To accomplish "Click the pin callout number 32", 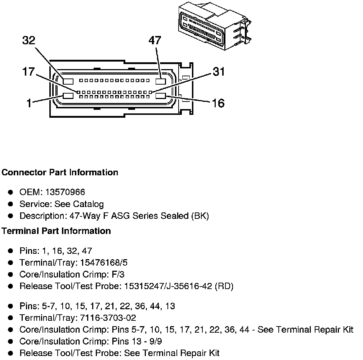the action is pos(29,40).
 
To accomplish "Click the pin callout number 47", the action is pos(155,40).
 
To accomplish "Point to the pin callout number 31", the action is pos(218,72).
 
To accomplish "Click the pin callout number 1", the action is pos(29,103).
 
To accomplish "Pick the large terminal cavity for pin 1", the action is pos(68,96).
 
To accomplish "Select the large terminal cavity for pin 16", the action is pos(161,96).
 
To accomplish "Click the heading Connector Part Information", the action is pos(60,172).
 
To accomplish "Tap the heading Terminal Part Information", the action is pos(56,231).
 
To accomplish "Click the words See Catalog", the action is pos(79,204).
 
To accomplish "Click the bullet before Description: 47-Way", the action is pos(11,216).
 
